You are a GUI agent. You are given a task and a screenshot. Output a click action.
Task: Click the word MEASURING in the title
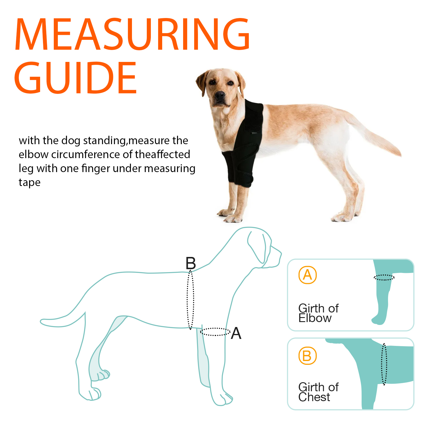click(x=132, y=34)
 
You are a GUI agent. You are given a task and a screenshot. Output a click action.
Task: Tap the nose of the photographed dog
click(x=220, y=95)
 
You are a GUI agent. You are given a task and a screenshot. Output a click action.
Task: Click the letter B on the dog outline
click(x=191, y=263)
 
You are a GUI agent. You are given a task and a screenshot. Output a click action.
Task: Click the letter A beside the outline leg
click(x=236, y=333)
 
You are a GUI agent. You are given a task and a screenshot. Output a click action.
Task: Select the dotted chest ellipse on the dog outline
click(x=190, y=299)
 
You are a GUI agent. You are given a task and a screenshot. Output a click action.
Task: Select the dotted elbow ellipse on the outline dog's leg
click(x=215, y=332)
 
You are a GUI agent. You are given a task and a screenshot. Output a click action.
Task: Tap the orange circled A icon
click(x=308, y=275)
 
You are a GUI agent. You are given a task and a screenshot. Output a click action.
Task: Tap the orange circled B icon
click(x=307, y=356)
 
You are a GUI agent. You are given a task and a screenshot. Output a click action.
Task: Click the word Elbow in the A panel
click(x=315, y=318)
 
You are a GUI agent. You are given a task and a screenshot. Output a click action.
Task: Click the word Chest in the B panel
click(x=314, y=397)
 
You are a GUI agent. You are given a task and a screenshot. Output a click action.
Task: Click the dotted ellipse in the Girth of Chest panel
click(x=384, y=364)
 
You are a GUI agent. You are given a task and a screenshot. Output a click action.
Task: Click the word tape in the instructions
click(x=29, y=183)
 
